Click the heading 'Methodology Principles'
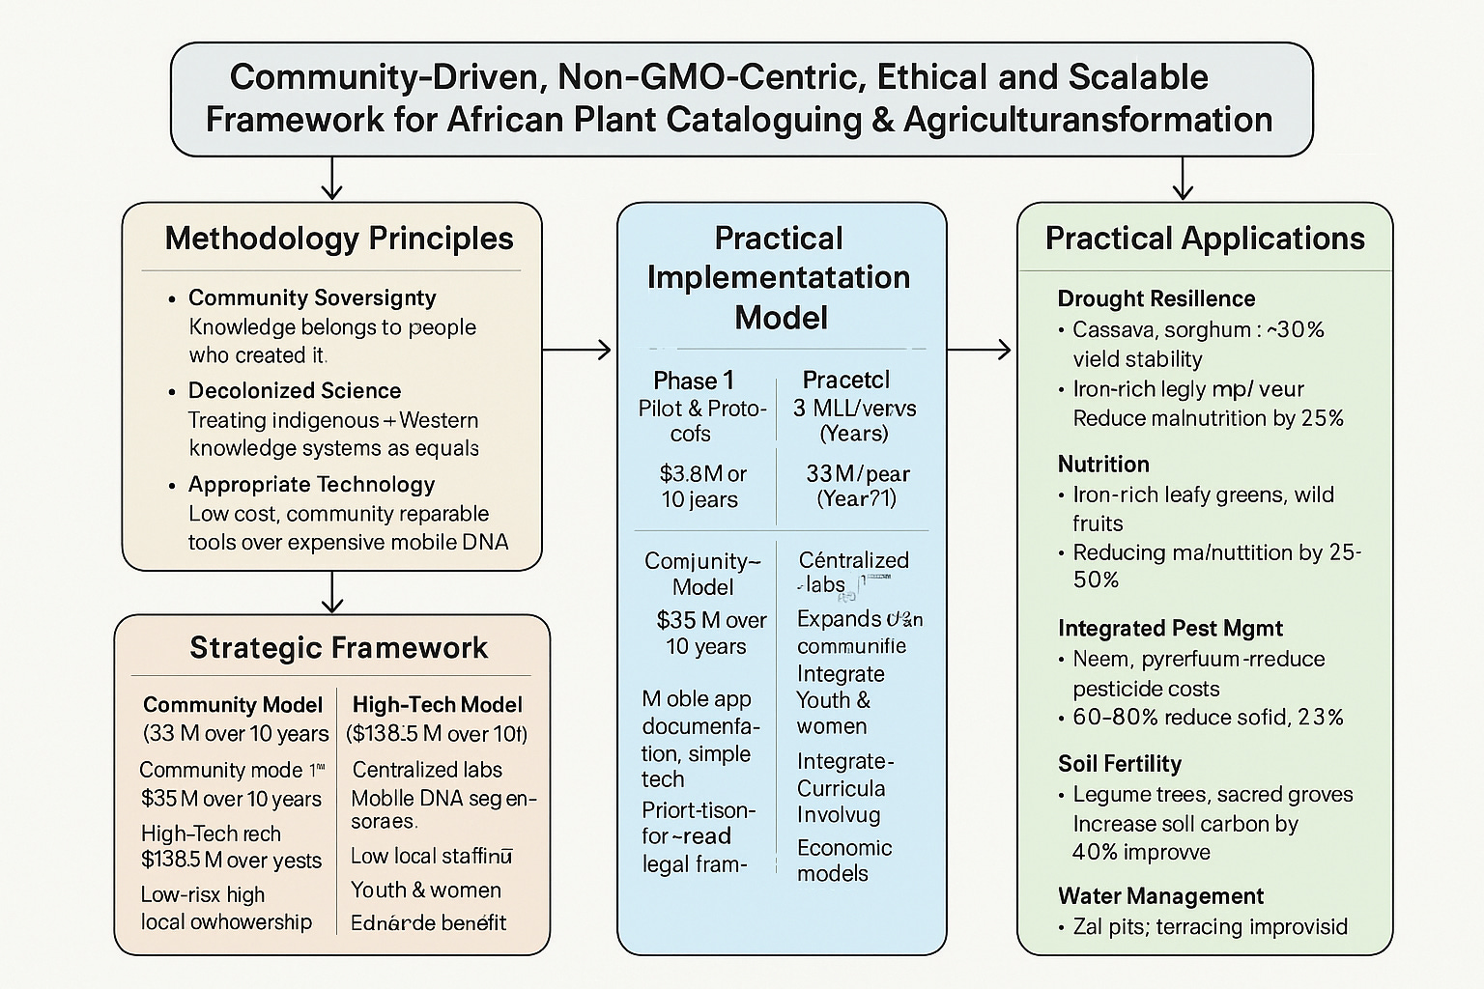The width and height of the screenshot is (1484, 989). (339, 239)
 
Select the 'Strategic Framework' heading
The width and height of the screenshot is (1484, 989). (338, 647)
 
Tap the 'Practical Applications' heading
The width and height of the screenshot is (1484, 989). (1205, 239)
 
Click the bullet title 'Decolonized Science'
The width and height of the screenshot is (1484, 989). (295, 390)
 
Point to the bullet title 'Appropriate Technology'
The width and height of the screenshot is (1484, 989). (311, 484)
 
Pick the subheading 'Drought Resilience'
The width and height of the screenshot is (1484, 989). (1156, 298)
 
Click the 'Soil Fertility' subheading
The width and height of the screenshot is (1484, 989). (1119, 764)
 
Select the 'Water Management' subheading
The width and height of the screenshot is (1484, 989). (1160, 895)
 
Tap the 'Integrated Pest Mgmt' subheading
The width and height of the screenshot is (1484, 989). (1170, 629)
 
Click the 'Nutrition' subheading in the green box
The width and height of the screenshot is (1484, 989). (1103, 464)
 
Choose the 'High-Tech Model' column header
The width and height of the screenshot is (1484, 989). (437, 705)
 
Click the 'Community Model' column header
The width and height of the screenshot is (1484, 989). (233, 705)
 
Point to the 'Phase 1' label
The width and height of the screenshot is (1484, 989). (694, 380)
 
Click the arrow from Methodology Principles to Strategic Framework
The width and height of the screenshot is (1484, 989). (332, 592)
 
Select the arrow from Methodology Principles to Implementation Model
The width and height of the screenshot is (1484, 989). (578, 349)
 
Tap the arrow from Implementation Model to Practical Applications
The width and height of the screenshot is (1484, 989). (980, 349)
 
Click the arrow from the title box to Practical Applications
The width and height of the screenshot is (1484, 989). (1183, 178)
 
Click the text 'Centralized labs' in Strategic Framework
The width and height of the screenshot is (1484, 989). (427, 770)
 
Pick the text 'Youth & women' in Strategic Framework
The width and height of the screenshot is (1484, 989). (426, 890)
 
